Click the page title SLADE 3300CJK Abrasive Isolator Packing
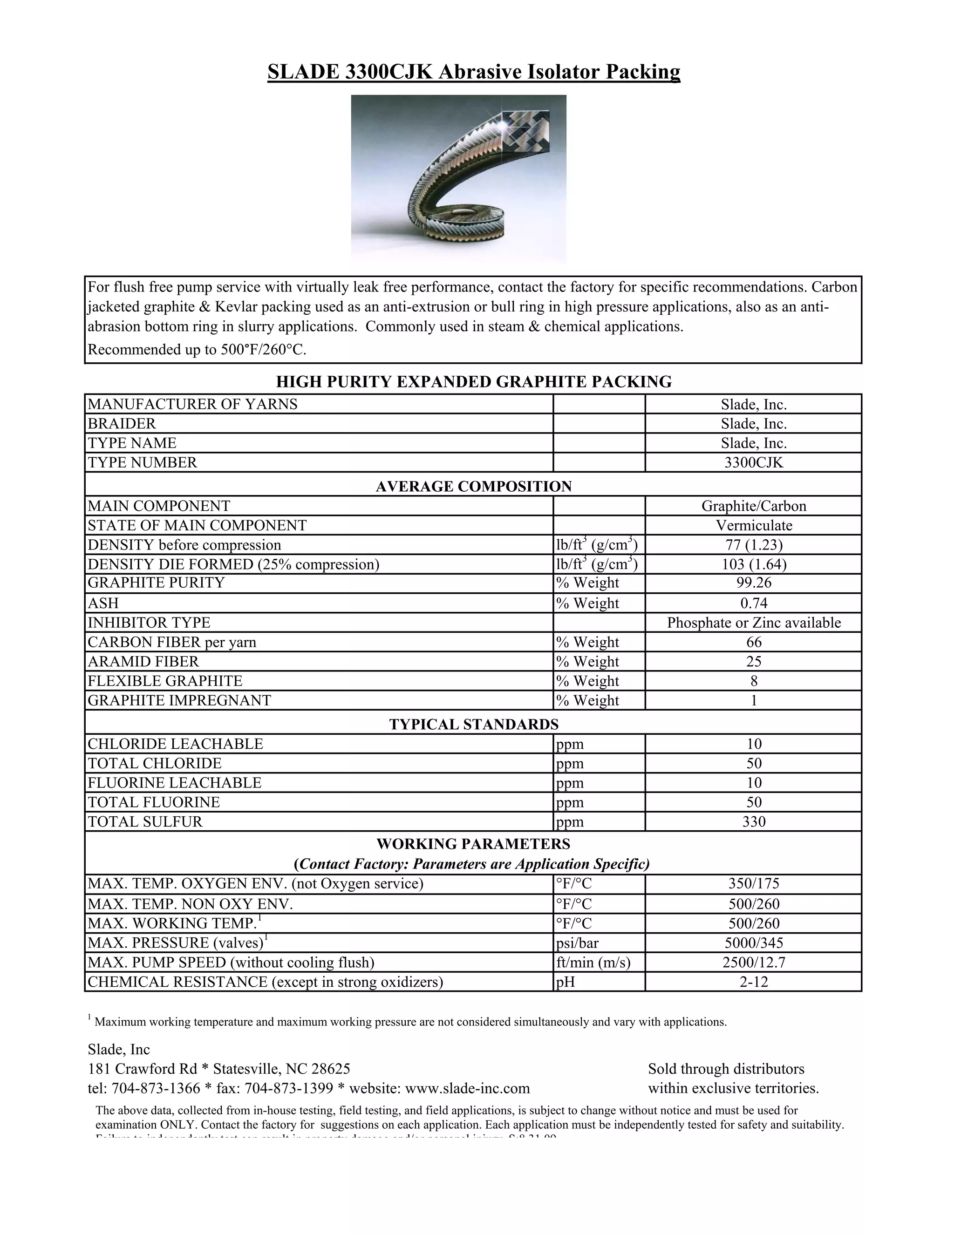[474, 72]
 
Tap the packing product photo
[458, 178]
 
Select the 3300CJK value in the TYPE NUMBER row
[753, 463]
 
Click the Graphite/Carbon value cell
[753, 506]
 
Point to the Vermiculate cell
[753, 525]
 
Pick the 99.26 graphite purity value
[753, 583]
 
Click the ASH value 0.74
[753, 603]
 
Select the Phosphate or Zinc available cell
[753, 623]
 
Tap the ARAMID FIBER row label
[143, 662]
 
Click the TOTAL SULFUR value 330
[753, 821]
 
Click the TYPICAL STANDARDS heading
[474, 725]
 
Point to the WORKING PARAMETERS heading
[474, 844]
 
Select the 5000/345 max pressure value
[753, 943]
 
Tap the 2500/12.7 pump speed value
[753, 962]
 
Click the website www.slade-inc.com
[467, 1088]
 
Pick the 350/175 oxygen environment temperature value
[753, 884]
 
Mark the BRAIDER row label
[122, 424]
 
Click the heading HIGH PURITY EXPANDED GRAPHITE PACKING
[474, 382]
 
